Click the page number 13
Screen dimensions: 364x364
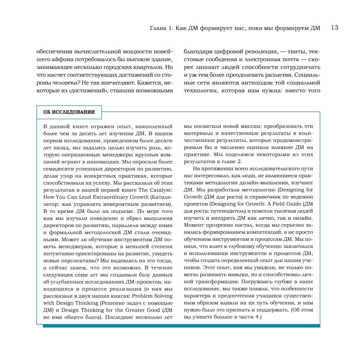click(x=335, y=28)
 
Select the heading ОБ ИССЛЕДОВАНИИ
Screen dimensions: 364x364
click(x=69, y=112)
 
